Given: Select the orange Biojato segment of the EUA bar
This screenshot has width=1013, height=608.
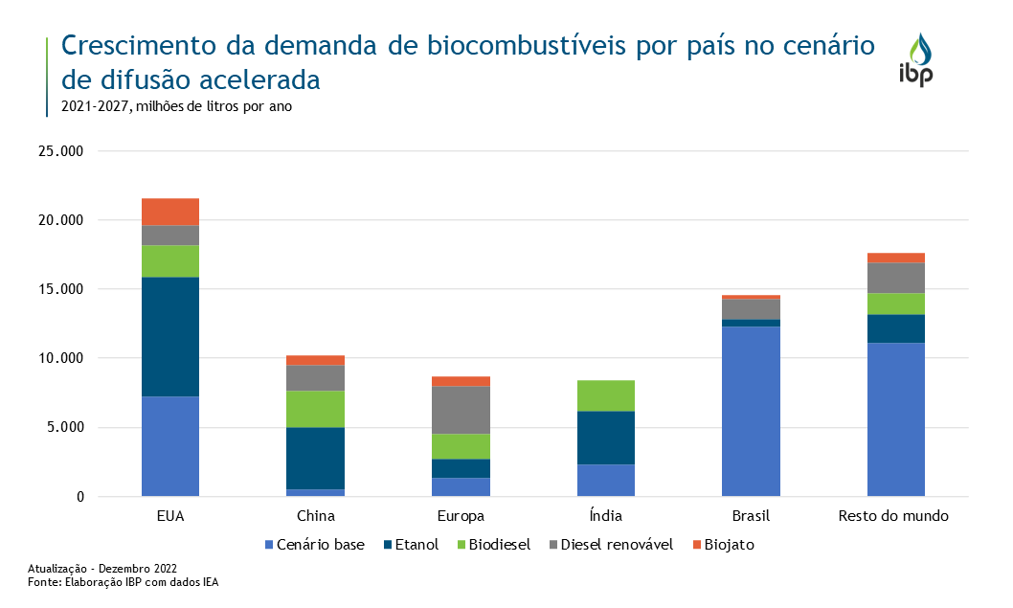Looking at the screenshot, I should tap(170, 212).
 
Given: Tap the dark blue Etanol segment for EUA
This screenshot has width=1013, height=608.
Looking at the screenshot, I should tap(170, 337).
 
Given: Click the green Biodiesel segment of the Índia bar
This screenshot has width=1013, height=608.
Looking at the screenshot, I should tap(606, 395).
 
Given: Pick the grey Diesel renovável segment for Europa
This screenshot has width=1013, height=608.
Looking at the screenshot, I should tap(461, 410).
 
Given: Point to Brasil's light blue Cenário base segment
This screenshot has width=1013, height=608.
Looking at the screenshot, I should tap(751, 412).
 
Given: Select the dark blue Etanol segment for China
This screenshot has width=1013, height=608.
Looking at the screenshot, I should tap(316, 459).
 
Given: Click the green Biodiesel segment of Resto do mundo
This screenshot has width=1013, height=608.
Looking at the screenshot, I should tap(896, 304).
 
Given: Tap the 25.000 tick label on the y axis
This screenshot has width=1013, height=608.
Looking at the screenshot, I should tap(61, 151).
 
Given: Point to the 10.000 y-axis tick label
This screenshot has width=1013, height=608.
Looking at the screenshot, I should tap(61, 358).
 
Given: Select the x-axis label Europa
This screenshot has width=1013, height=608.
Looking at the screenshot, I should tap(461, 516).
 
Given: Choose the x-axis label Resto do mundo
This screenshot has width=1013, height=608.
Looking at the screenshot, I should tap(893, 516).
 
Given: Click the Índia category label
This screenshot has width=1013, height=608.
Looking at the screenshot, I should tap(605, 516).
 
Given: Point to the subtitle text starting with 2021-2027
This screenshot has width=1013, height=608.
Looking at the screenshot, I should tap(176, 106).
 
